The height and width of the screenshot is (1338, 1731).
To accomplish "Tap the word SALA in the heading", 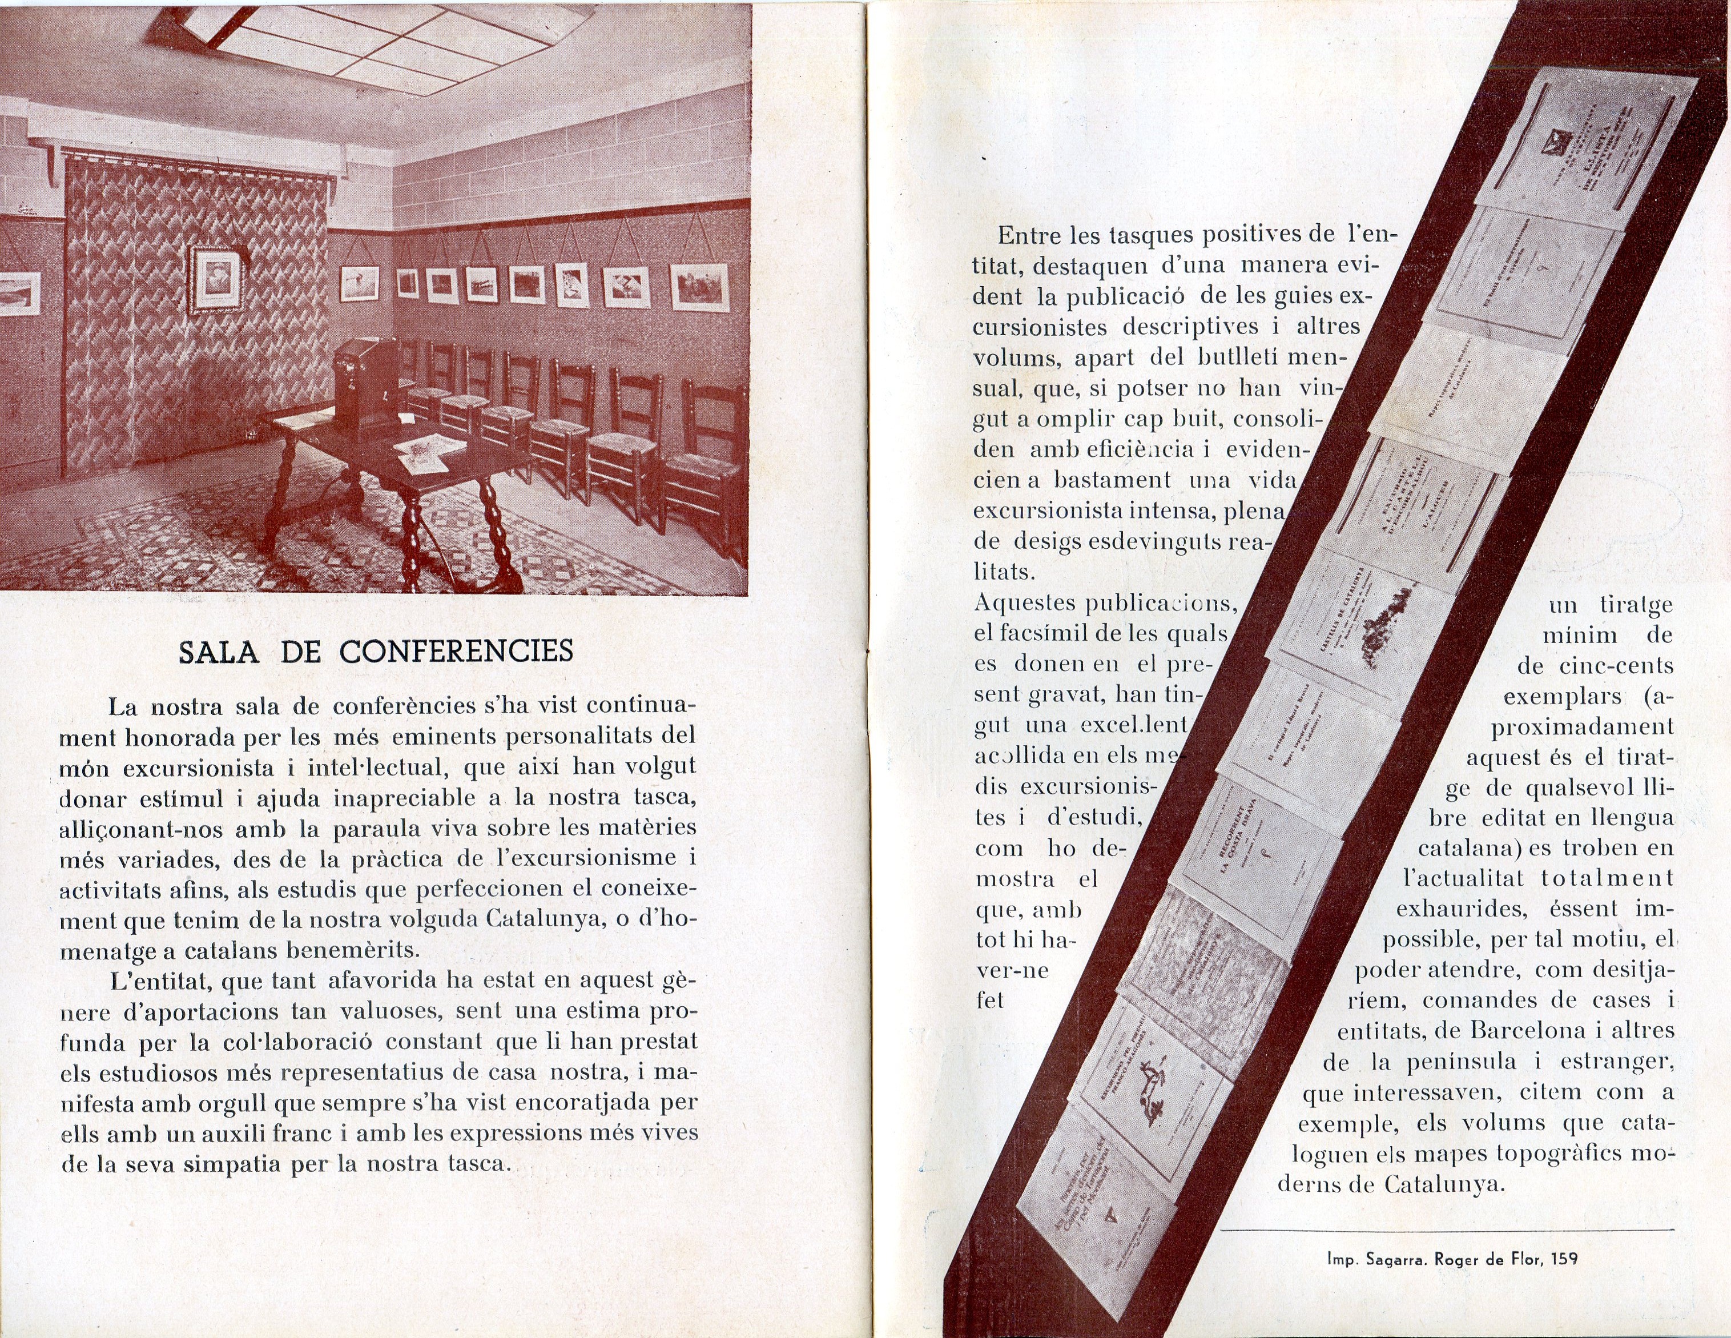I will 219,652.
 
